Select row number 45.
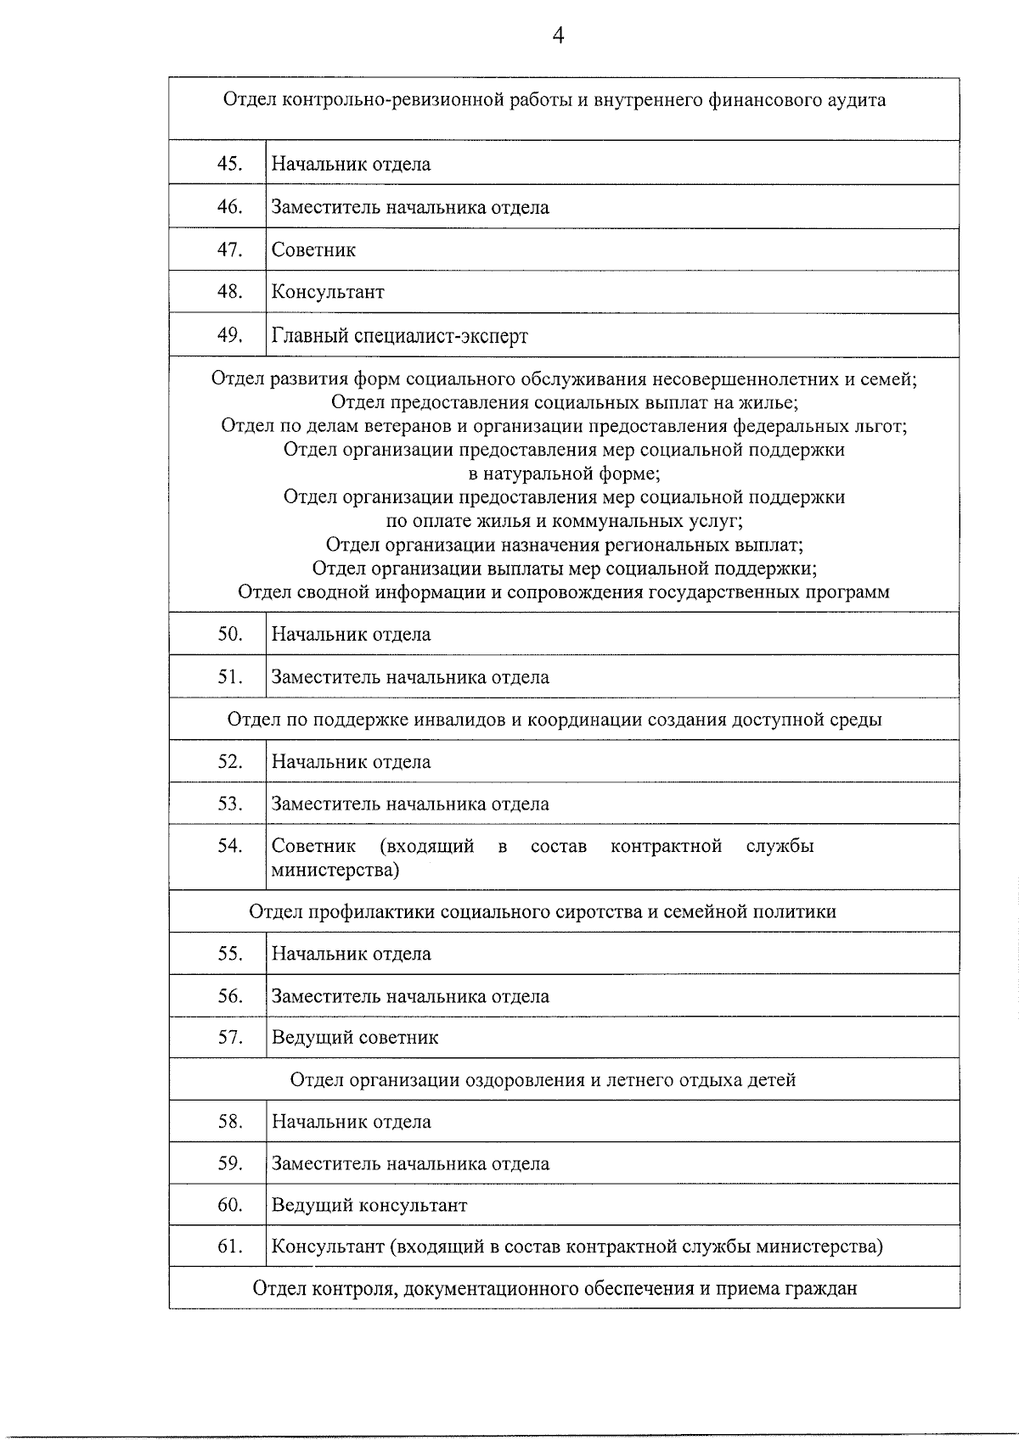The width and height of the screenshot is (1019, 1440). (x=229, y=164)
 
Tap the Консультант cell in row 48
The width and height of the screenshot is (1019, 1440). (x=328, y=293)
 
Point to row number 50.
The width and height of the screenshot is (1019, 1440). (x=229, y=634)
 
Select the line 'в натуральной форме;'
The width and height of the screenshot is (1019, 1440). (x=565, y=473)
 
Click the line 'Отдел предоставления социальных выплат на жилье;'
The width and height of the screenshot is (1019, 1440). (x=565, y=402)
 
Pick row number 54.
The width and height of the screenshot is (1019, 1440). (x=229, y=845)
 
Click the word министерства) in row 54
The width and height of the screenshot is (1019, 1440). (x=335, y=870)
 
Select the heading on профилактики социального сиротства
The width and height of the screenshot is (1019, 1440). (x=542, y=911)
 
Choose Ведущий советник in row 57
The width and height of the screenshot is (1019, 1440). (x=355, y=1038)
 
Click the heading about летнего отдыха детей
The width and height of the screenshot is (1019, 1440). (x=543, y=1080)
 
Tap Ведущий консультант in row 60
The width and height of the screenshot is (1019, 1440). (x=369, y=1206)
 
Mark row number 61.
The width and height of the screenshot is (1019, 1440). (x=229, y=1247)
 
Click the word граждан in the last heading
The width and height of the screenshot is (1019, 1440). (x=823, y=1289)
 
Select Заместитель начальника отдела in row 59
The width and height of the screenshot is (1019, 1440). (x=410, y=1164)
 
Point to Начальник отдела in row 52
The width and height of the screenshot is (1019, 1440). (x=351, y=762)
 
